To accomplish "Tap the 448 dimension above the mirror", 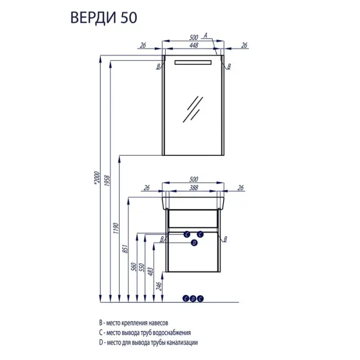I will click(193, 45).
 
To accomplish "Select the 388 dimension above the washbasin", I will click(193, 189).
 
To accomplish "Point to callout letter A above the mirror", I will click(205, 35).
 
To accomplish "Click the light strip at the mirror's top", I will click(193, 62).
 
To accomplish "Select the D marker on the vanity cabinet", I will click(194, 242).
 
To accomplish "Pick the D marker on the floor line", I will click(193, 298).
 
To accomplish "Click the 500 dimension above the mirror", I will click(193, 38).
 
